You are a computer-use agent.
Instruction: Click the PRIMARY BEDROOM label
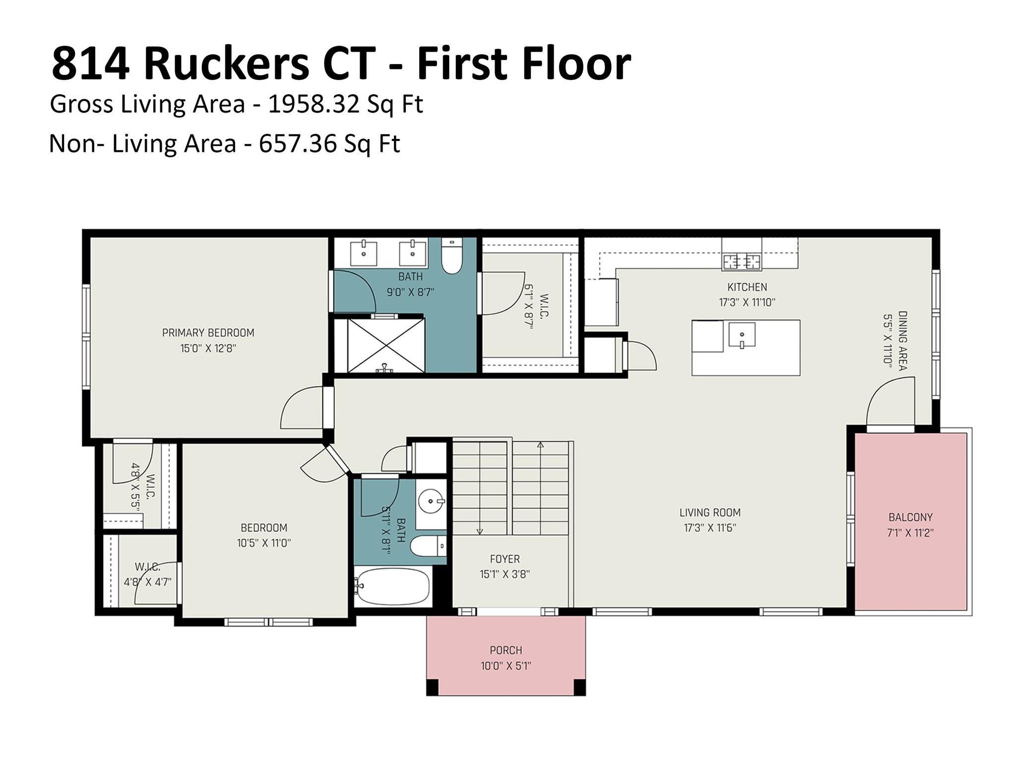208,333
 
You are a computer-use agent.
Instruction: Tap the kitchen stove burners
741,261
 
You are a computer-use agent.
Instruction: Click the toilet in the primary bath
451,257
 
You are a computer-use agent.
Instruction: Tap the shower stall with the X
385,345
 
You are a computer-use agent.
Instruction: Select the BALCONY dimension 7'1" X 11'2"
910,533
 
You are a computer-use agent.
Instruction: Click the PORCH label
506,650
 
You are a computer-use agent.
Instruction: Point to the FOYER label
505,559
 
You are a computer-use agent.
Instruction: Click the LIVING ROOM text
709,512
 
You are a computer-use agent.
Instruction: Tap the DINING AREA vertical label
902,340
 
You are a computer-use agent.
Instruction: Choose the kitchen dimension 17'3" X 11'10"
747,302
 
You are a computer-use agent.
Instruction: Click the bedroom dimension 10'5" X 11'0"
263,543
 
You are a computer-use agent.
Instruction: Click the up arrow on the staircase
540,445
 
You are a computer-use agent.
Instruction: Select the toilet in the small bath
429,546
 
